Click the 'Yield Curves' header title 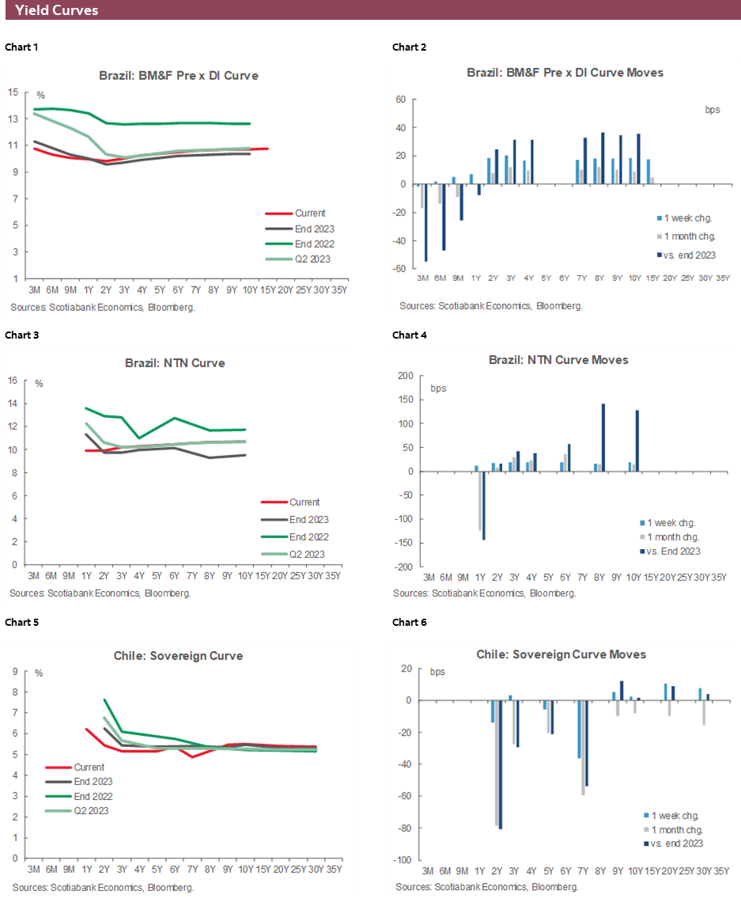click(x=57, y=10)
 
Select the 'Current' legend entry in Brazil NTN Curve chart click(x=304, y=502)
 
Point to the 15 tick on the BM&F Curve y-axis click(x=13, y=93)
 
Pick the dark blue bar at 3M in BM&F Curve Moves click(x=426, y=223)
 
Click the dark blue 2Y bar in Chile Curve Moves click(x=501, y=764)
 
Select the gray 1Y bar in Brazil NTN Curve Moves click(x=480, y=501)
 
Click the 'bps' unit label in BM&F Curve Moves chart click(x=712, y=110)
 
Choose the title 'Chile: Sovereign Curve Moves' click(x=561, y=654)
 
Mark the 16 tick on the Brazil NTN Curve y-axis click(x=13, y=381)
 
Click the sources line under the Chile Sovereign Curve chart click(x=103, y=887)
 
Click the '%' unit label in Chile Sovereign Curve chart click(x=39, y=673)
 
